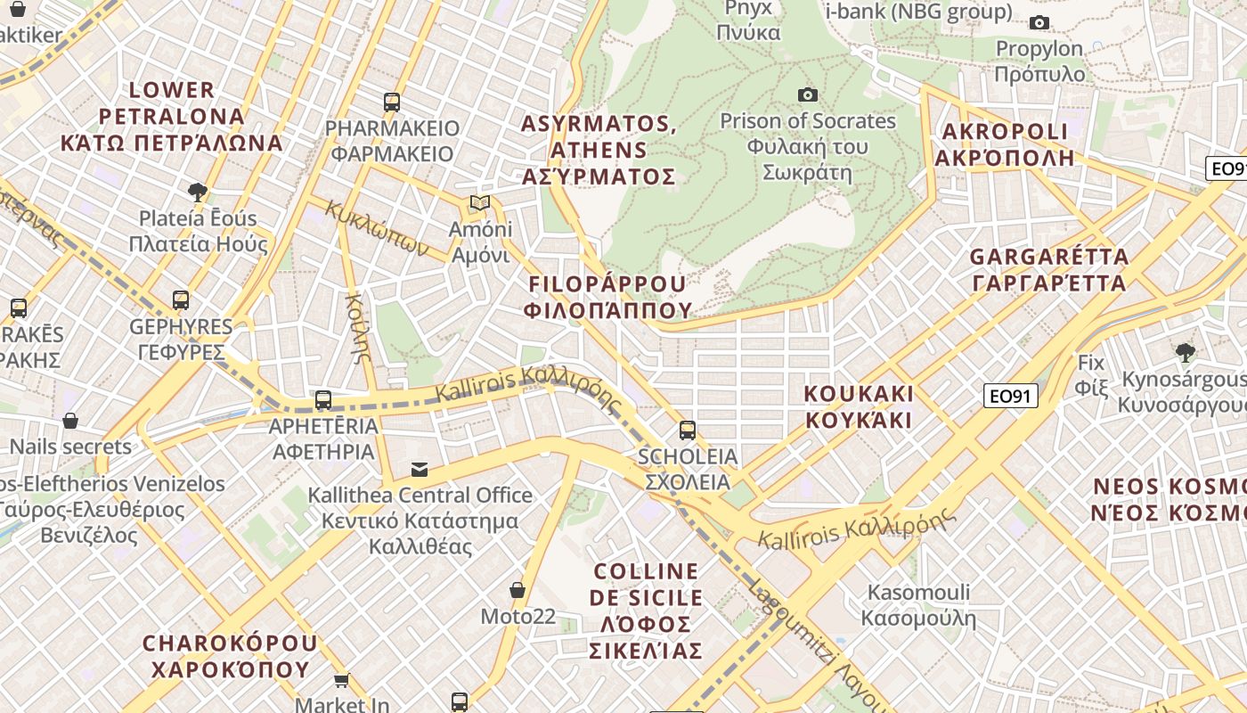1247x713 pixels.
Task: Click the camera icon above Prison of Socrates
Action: pos(807,94)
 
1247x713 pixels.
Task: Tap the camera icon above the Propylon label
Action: pos(1039,23)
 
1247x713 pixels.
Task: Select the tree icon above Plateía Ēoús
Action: pos(198,192)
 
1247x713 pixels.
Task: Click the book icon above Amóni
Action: pos(480,203)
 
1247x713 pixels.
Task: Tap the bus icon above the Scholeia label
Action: pos(687,430)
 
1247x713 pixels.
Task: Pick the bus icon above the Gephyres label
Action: pos(181,300)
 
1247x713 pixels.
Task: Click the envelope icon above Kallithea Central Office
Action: pos(419,470)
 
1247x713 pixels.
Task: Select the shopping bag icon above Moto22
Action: pos(517,590)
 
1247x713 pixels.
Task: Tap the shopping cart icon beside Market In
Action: pos(341,681)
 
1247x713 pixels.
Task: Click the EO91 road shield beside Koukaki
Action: pos(1011,396)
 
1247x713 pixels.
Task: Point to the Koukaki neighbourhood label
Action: pos(859,406)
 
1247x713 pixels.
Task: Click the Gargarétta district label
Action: pos(1048,270)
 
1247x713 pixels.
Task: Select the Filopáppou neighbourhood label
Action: pos(609,297)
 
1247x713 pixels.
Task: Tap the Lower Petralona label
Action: pos(172,116)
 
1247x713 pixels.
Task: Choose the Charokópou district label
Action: pos(230,656)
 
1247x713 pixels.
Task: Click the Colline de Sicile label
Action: pos(647,611)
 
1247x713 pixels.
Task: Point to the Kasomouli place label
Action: pos(918,605)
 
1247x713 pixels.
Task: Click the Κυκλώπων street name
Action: pos(378,228)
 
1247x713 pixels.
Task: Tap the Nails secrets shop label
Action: pos(70,447)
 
